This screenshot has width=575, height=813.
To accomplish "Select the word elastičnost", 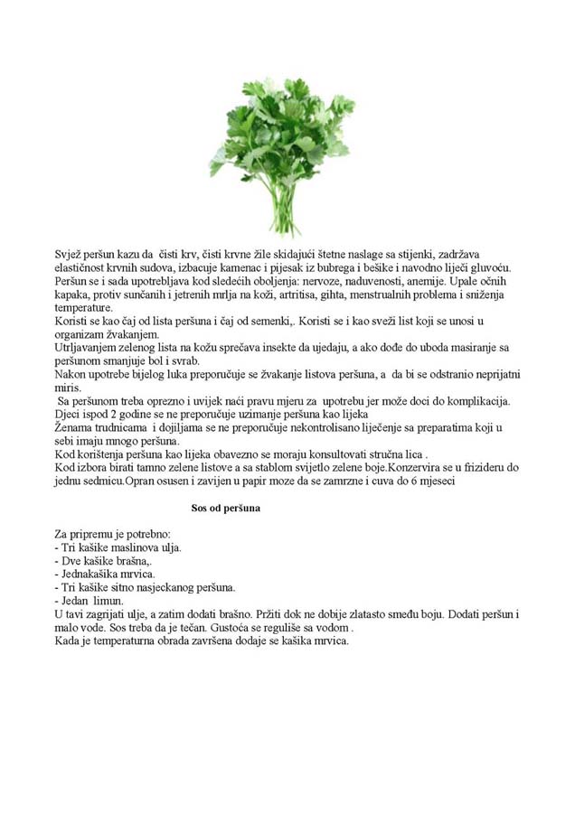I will pos(84,268).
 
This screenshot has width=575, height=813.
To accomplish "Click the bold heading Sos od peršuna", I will pos(226,509).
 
